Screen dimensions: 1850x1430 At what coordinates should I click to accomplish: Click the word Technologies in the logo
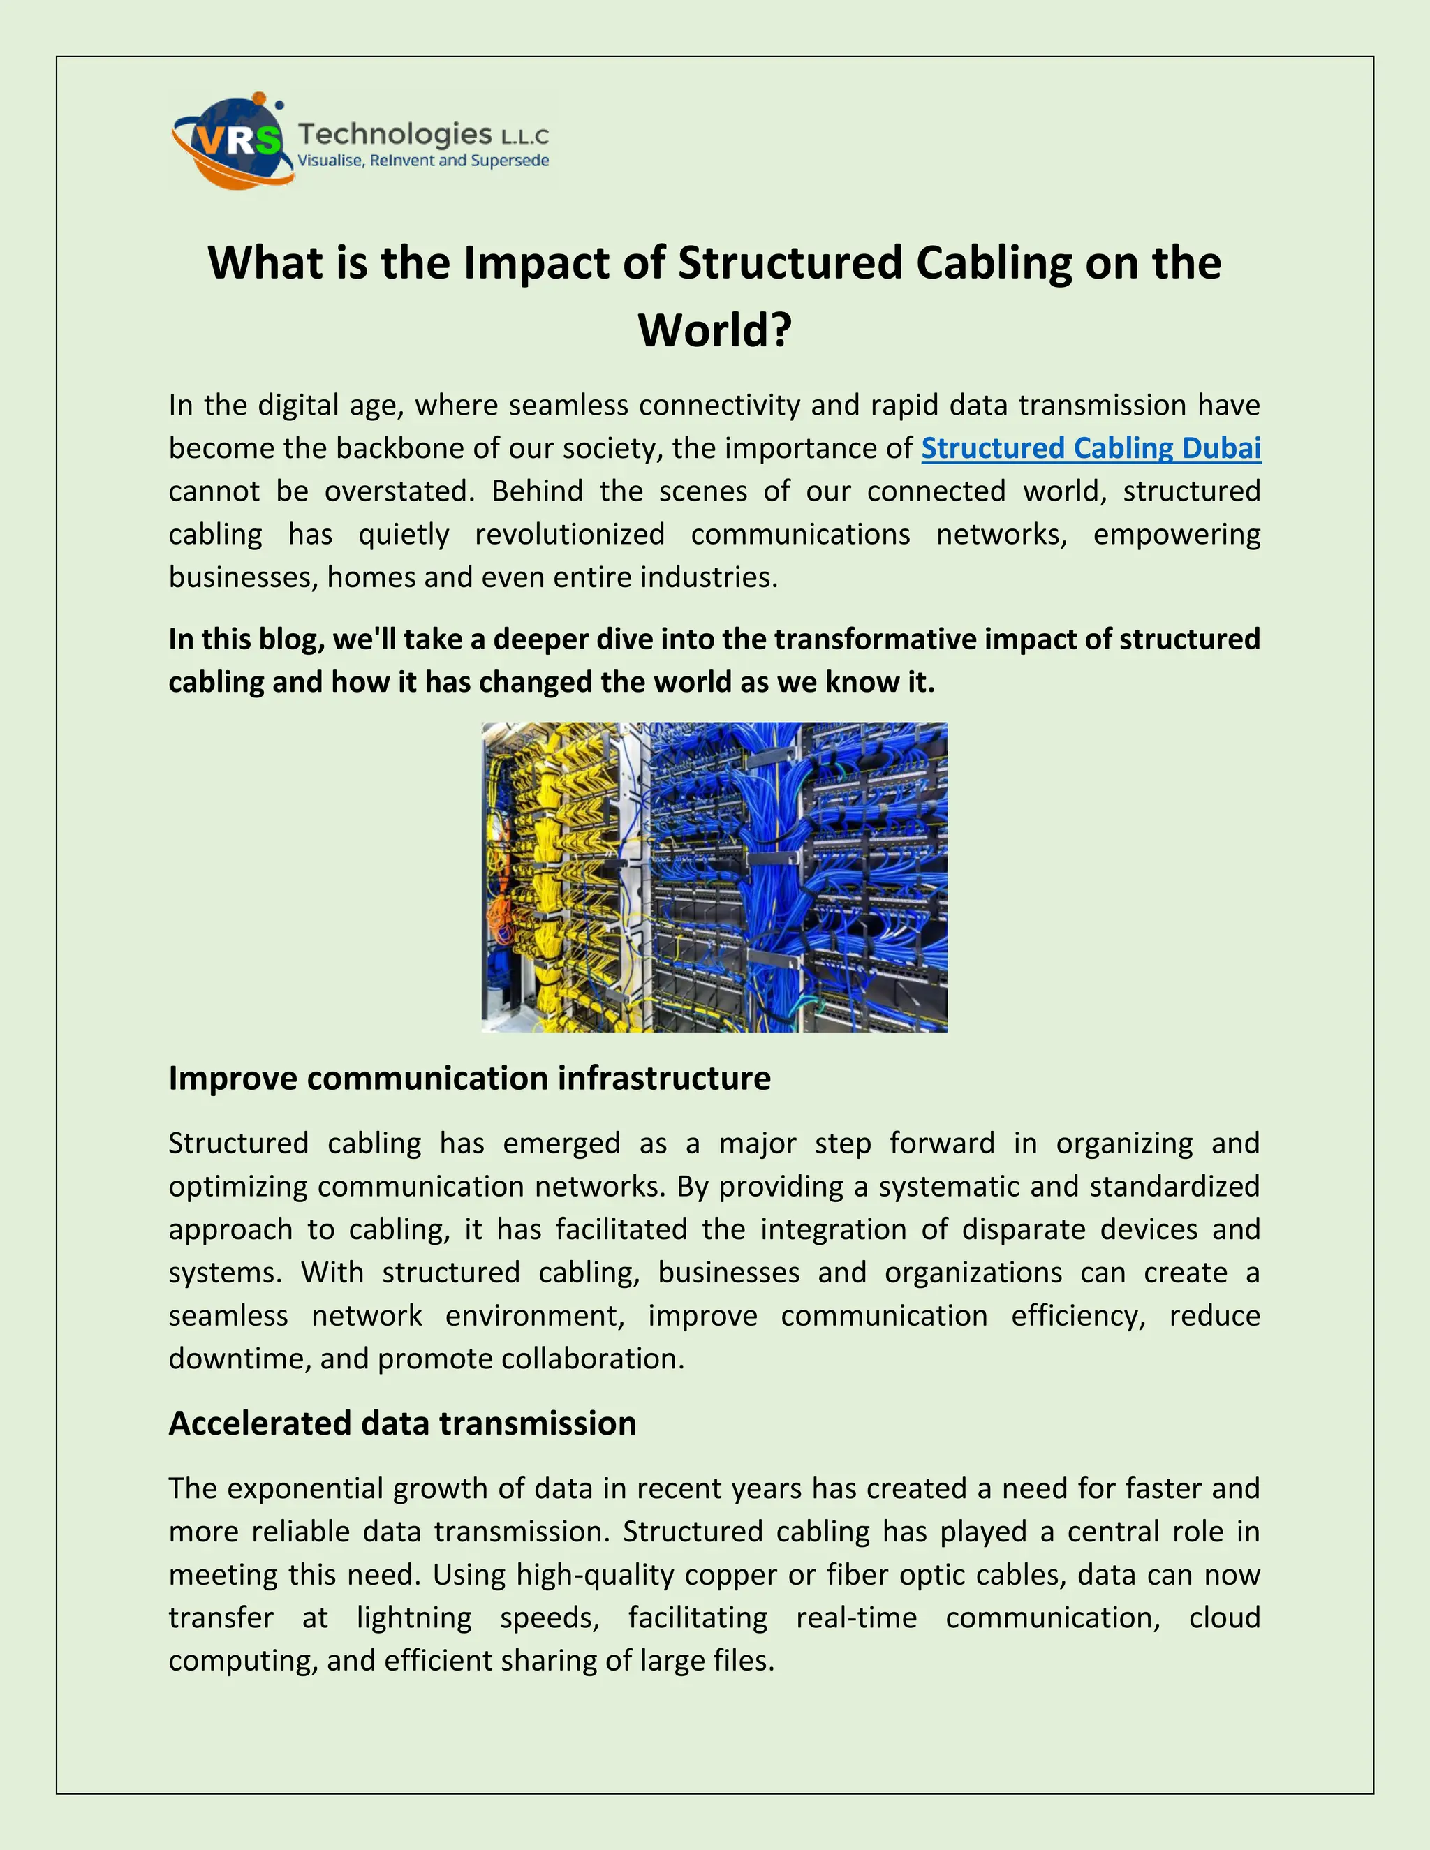click(x=395, y=134)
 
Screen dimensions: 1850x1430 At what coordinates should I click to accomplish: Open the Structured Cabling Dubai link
click(x=1091, y=448)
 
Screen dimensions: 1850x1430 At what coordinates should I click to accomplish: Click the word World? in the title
click(x=714, y=330)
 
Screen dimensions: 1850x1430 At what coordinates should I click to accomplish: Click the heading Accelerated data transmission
click(x=402, y=1423)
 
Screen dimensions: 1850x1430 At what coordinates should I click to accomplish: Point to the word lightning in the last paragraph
click(x=413, y=1618)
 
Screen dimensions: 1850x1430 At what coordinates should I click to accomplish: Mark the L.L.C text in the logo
click(x=525, y=136)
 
